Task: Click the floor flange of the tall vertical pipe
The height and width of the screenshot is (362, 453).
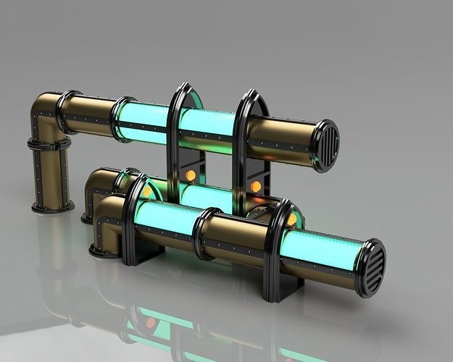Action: (52, 207)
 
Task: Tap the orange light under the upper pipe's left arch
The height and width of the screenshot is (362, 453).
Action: (191, 174)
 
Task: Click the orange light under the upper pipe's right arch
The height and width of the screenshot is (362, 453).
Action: (256, 186)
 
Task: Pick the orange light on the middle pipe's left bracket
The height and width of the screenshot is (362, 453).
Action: (147, 192)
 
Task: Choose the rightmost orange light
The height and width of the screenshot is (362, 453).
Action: (291, 219)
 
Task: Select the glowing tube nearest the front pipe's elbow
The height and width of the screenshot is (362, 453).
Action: (165, 219)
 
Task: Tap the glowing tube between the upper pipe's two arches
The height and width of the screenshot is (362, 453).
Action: (207, 123)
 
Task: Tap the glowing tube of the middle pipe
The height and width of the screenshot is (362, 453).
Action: (206, 197)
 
